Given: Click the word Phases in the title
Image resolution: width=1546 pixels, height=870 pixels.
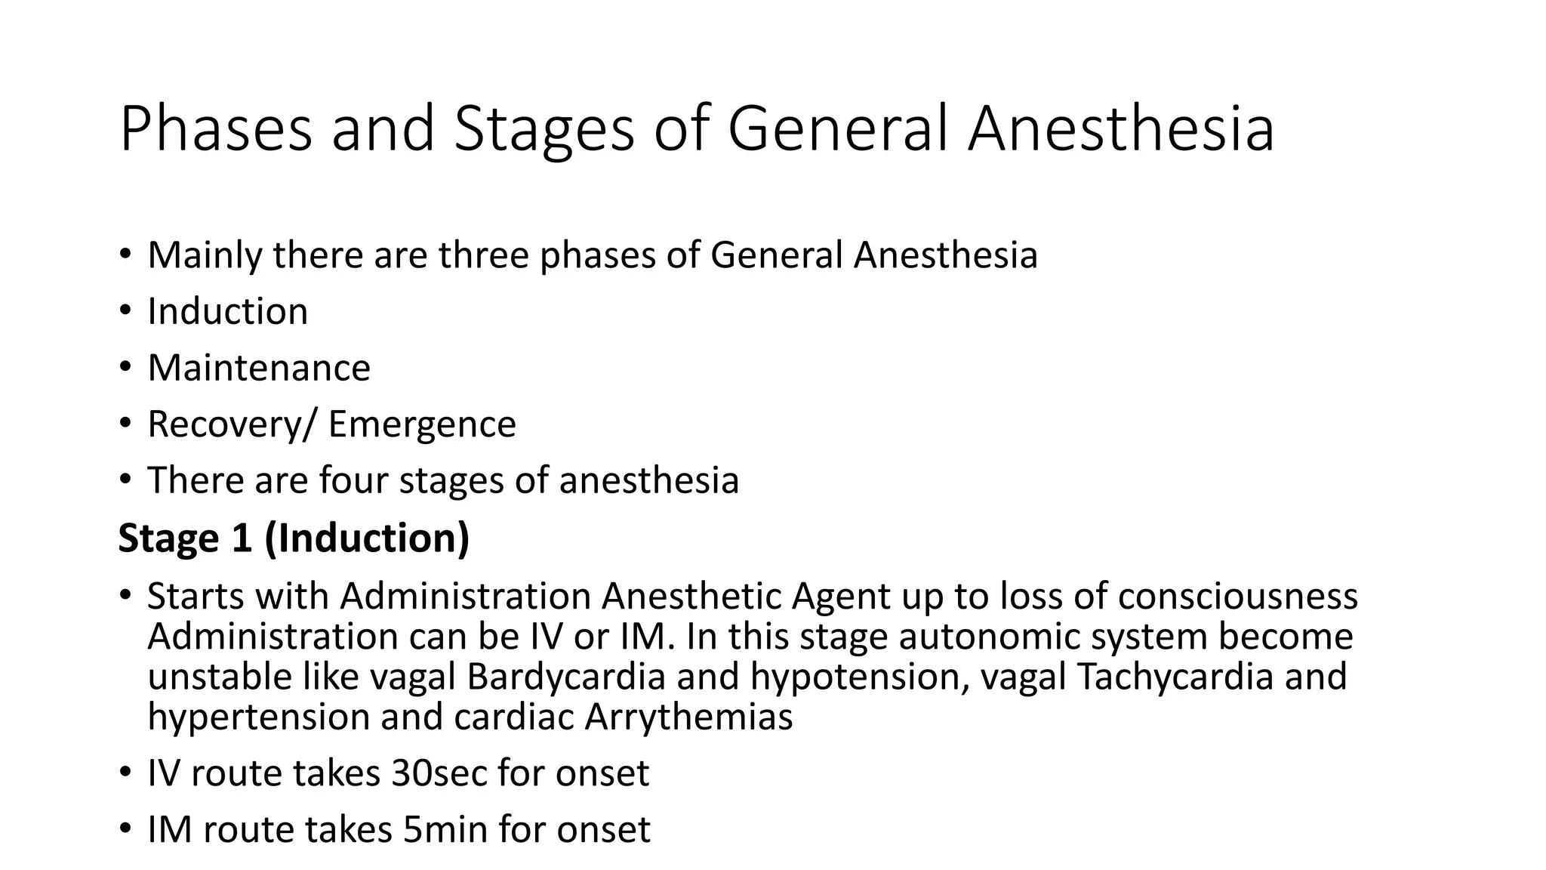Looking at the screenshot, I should [215, 129].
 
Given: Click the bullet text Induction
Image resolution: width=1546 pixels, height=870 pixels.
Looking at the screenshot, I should [227, 312].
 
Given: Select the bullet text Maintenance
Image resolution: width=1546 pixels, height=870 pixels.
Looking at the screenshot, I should [259, 369].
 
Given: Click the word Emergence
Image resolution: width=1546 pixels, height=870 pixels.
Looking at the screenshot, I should [422, 424].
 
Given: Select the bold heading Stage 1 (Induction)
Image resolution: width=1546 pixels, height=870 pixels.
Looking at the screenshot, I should [294, 538].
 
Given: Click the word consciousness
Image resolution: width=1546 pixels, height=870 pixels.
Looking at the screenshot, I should [1237, 597].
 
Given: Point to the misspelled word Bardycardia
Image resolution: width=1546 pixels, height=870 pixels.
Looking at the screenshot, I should [565, 677].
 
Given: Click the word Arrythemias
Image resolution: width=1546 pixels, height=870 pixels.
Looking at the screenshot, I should [688, 717].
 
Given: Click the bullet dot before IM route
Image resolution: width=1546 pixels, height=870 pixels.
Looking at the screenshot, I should [125, 830].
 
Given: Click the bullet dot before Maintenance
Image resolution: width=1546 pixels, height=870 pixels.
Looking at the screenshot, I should [125, 369].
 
